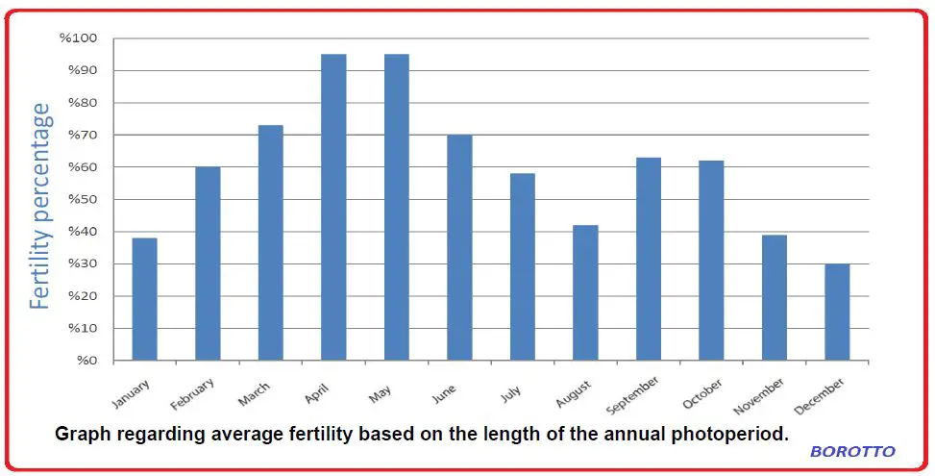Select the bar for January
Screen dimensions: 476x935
144,299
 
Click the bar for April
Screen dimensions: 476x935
333,207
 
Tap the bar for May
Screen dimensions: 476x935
396,207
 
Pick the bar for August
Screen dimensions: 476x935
585,292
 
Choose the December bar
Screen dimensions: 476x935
837,312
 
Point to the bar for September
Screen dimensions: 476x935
649,259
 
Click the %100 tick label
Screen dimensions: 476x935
79,38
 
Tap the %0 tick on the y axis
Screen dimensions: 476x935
86,361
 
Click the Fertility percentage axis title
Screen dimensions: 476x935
39,206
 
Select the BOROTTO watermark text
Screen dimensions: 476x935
852,451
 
